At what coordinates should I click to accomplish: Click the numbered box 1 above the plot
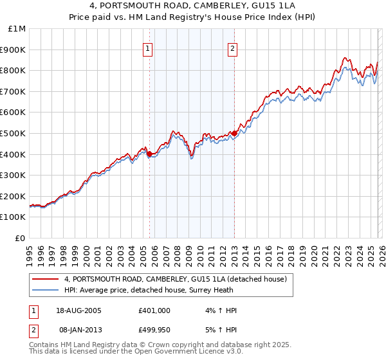tap(148, 48)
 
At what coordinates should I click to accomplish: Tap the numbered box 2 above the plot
tap(232, 48)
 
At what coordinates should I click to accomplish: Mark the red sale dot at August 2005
tap(149, 154)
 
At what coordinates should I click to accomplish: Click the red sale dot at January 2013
tap(234, 133)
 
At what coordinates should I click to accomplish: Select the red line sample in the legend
tap(46, 279)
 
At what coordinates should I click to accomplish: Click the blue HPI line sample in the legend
tap(46, 290)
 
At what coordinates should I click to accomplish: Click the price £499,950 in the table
tap(154, 330)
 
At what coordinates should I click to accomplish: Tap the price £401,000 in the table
tap(154, 310)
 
